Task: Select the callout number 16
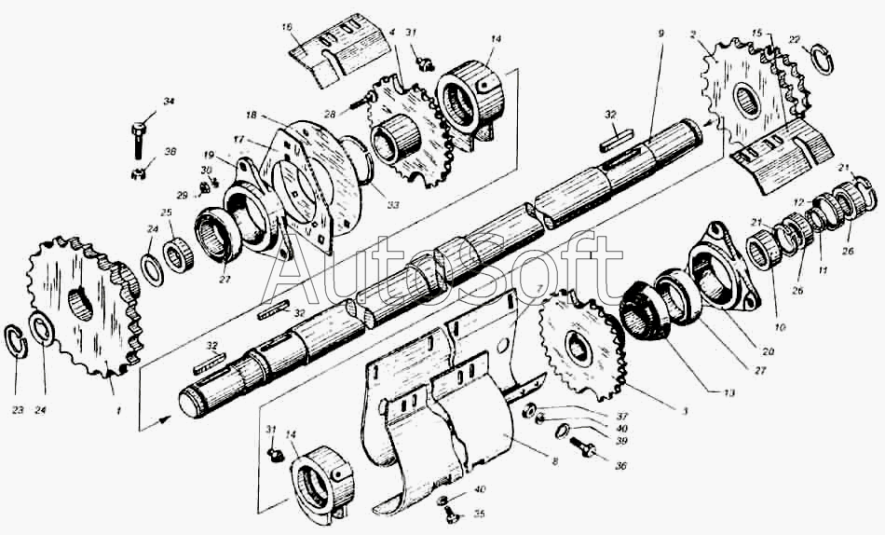coord(287,27)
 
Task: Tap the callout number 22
coord(794,39)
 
